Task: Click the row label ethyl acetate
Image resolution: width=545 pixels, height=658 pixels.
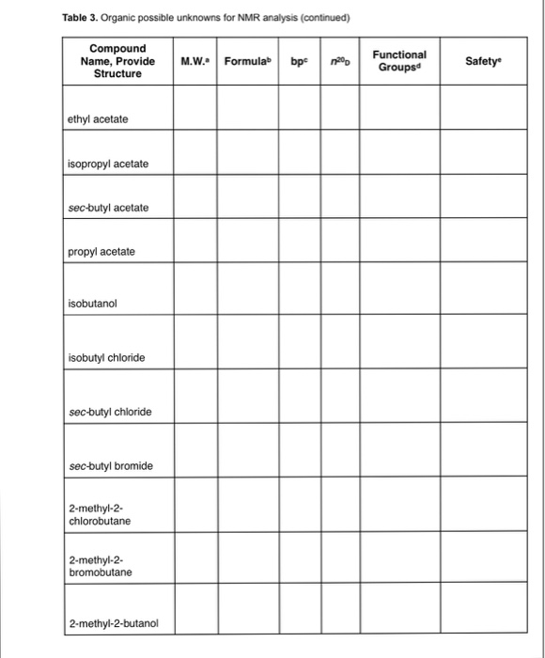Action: [x=99, y=119]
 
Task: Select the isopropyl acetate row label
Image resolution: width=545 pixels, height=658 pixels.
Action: [x=108, y=164]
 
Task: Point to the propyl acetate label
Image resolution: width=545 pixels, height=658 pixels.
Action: [x=101, y=252]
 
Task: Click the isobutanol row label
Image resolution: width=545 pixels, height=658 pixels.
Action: [x=92, y=305]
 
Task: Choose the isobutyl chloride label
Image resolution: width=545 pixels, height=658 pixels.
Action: [x=106, y=358]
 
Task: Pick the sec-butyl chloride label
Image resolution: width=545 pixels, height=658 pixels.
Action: [x=109, y=412]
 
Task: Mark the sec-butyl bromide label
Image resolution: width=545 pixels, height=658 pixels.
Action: [x=110, y=466]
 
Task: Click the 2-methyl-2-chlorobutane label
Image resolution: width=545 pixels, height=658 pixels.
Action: [x=100, y=514]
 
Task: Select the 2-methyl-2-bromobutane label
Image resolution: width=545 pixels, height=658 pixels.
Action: [x=101, y=566]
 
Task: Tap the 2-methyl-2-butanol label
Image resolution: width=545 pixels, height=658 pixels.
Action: [x=114, y=622]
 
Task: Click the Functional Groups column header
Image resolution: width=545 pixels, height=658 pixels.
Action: [x=399, y=61]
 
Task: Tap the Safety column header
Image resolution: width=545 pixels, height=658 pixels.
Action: [x=483, y=61]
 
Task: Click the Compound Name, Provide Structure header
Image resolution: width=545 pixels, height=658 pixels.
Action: [x=117, y=61]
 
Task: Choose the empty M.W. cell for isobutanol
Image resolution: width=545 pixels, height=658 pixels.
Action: [x=195, y=289]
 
